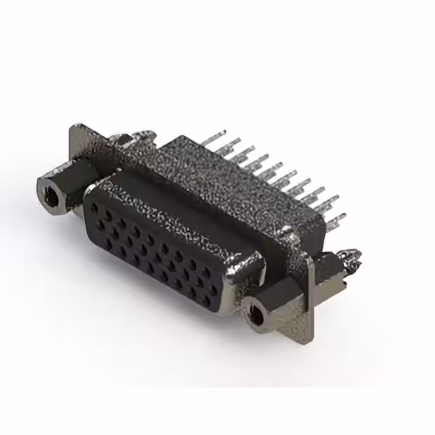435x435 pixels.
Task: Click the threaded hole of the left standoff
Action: [50, 194]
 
